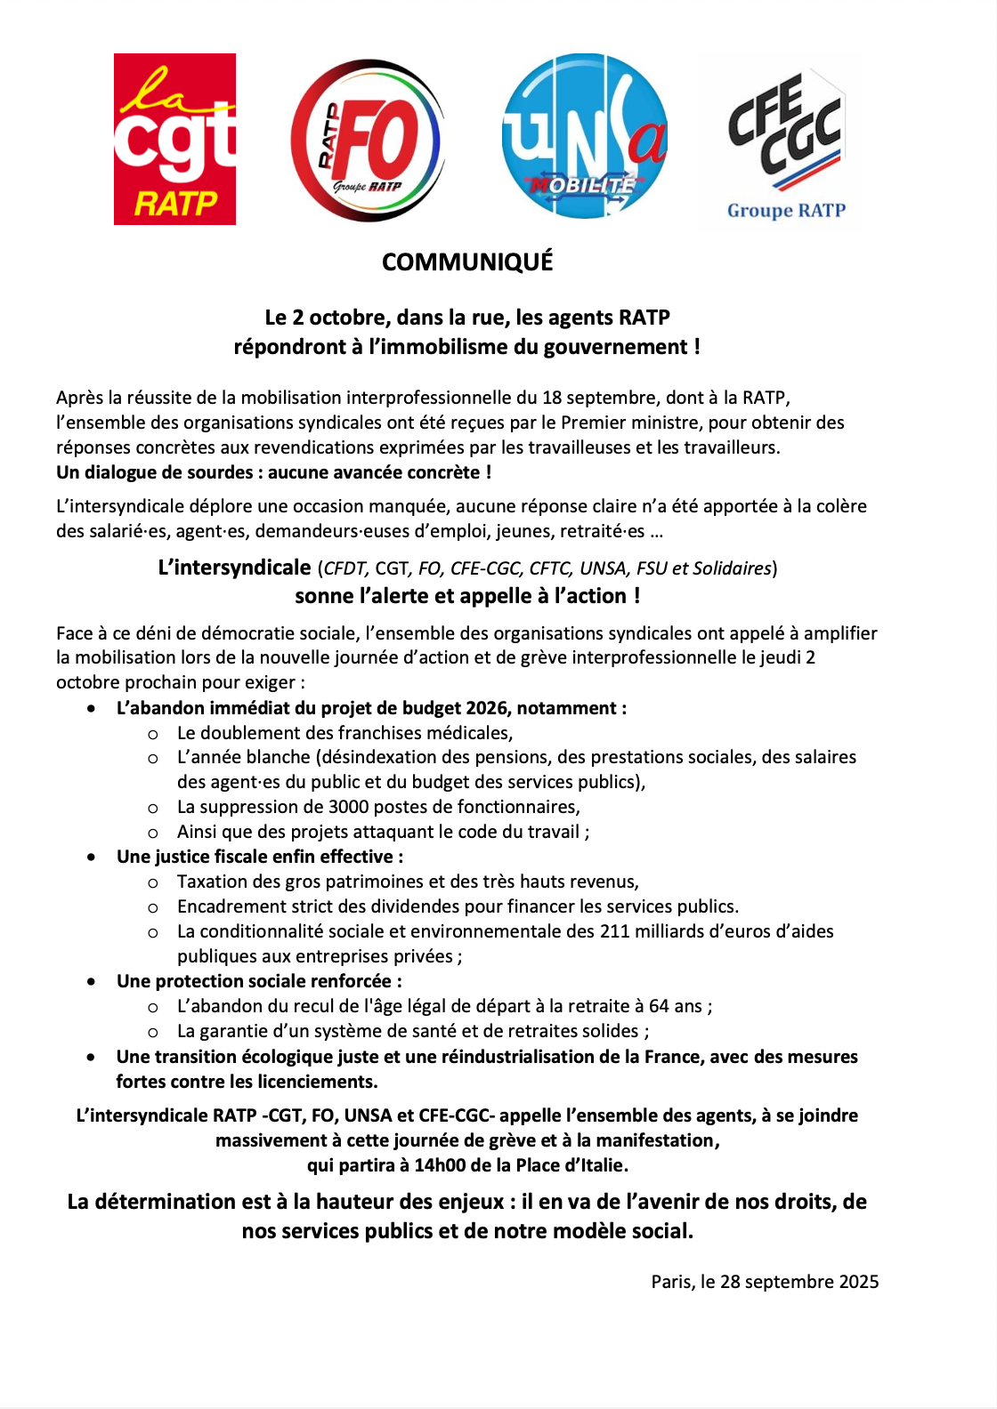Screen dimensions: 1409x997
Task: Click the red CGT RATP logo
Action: (x=174, y=139)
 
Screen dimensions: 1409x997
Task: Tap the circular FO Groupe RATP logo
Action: (x=367, y=141)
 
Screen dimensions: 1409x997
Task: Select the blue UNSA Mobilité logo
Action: (x=584, y=136)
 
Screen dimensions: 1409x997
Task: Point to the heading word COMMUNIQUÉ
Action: (x=467, y=262)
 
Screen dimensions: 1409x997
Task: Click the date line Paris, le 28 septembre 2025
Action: (x=765, y=1282)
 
